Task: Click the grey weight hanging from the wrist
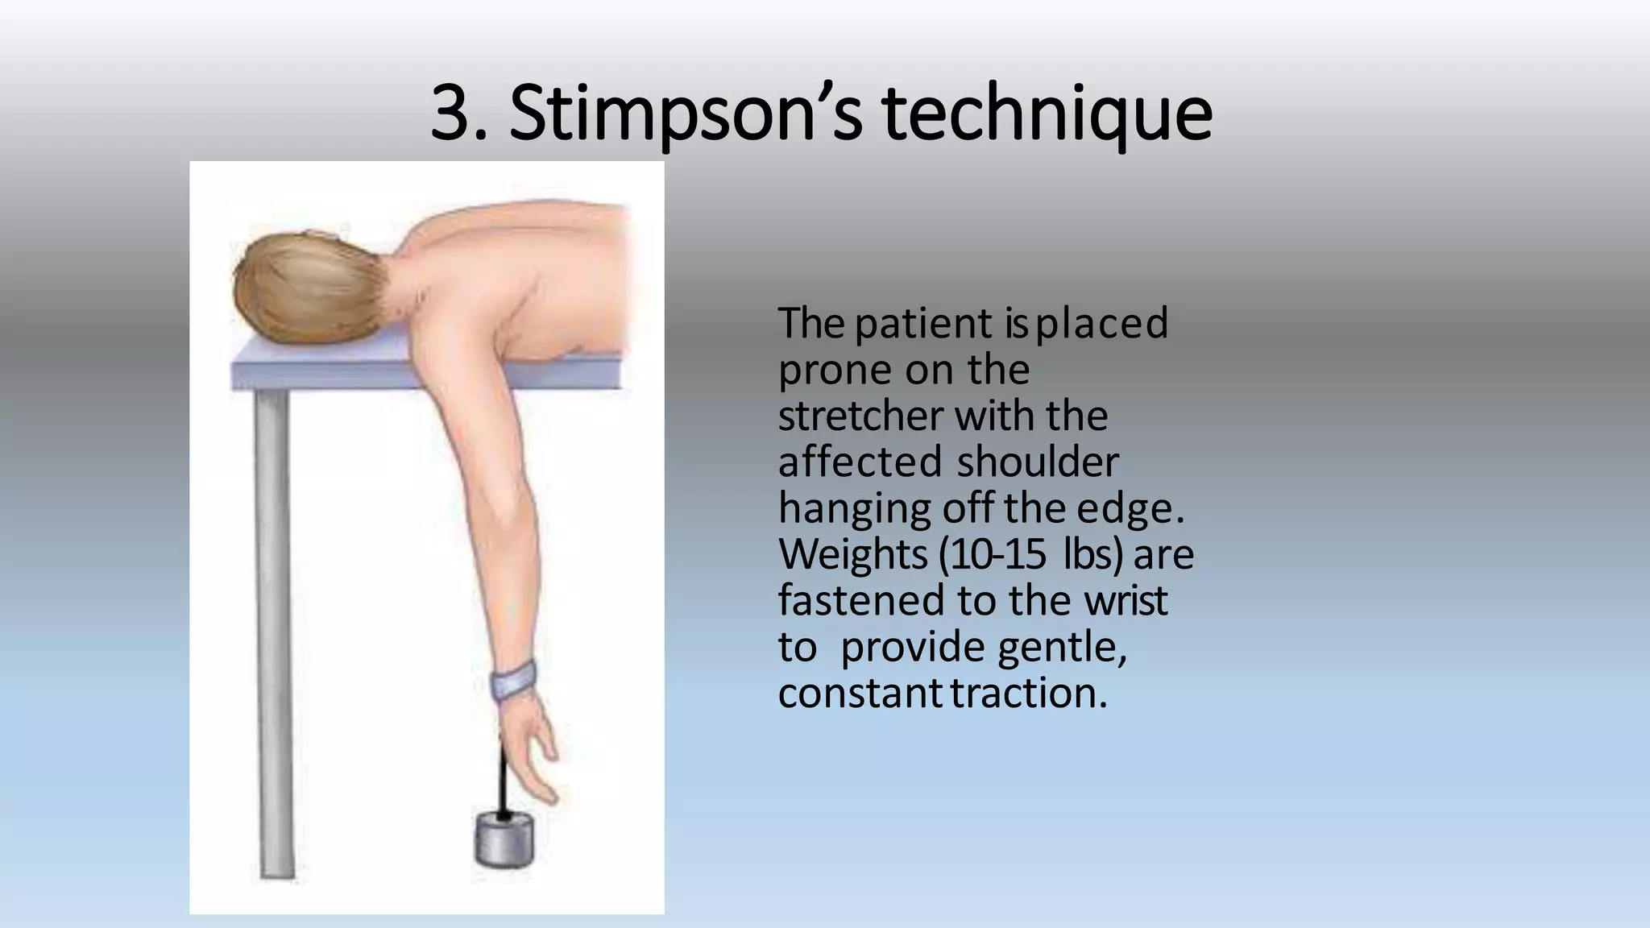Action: click(x=504, y=841)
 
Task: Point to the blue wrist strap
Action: click(x=514, y=679)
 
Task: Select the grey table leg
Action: click(x=274, y=628)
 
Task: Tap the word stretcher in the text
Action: click(x=860, y=416)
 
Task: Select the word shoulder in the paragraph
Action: click(x=1038, y=462)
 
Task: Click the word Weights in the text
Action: click(x=853, y=555)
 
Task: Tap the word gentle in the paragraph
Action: click(x=1062, y=648)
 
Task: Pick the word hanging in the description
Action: click(x=853, y=509)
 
